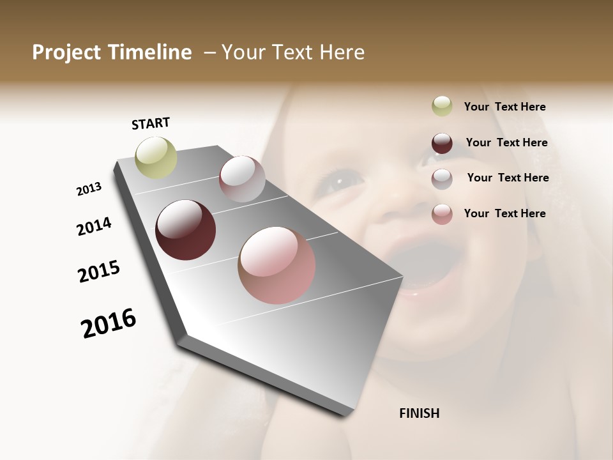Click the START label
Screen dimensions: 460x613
pos(151,123)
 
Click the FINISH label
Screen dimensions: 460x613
pos(419,413)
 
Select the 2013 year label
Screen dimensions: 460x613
pos(89,189)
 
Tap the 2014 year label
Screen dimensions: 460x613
pos(94,226)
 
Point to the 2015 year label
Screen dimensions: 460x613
pos(99,272)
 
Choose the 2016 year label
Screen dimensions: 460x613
pos(109,323)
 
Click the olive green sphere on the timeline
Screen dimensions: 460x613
pos(156,157)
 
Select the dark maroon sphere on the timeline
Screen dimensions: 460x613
pos(185,230)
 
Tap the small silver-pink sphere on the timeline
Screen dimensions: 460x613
pos(242,179)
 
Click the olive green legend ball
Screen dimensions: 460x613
pos(442,107)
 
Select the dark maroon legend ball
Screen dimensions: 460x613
pos(442,143)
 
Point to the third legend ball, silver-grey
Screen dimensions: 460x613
pos(442,179)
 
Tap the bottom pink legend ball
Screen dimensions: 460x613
pos(442,214)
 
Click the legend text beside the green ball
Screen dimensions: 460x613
pos(504,107)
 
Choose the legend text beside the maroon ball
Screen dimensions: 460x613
pos(506,142)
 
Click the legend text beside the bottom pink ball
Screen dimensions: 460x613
pos(504,213)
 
